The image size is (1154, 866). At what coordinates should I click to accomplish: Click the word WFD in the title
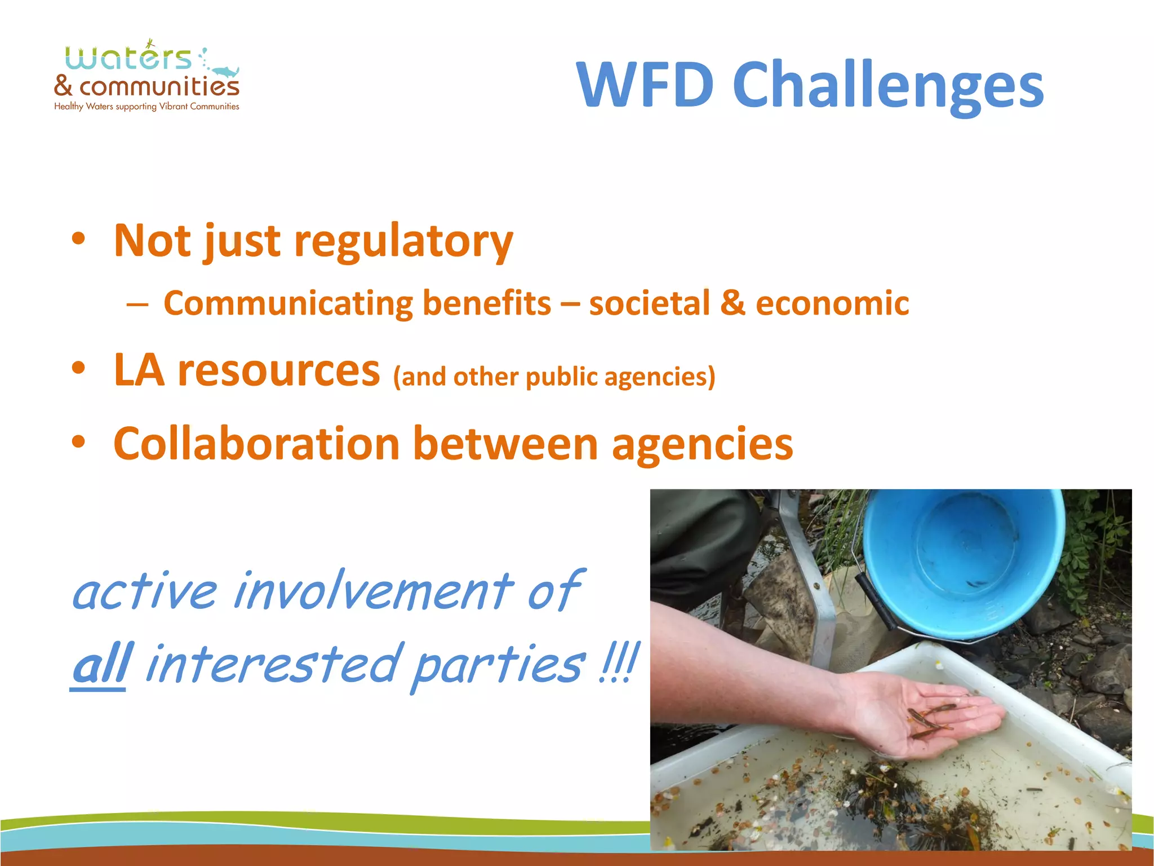[x=646, y=85]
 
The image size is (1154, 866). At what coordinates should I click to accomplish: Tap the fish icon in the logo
[x=225, y=72]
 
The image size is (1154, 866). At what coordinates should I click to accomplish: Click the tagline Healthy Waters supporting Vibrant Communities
[x=147, y=107]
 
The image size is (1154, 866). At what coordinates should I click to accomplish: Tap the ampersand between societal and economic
[x=733, y=303]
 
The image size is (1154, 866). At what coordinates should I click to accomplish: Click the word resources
[x=279, y=371]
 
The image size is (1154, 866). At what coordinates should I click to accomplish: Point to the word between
[x=505, y=444]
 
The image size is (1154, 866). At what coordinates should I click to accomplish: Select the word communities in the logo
[x=159, y=87]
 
